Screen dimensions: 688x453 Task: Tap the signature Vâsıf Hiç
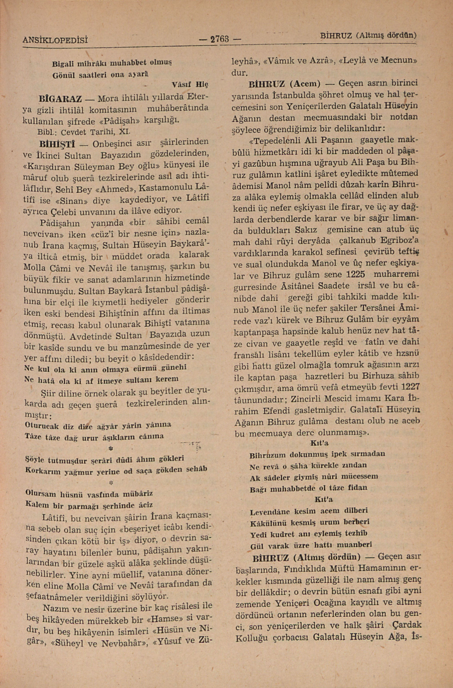(190, 85)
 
